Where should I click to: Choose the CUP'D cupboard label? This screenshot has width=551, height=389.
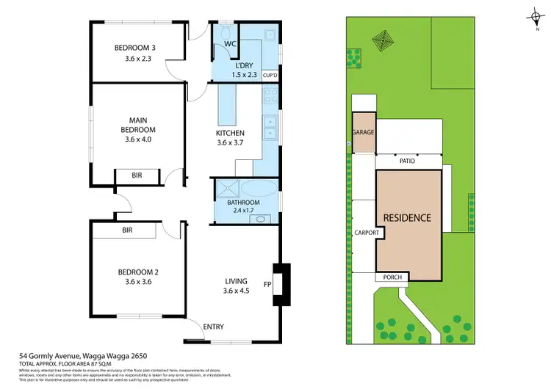pos(270,76)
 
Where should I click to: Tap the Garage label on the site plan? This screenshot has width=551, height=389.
pos(363,133)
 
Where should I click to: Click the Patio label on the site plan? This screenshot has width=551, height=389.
pos(409,161)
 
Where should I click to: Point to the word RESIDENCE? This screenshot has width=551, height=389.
pos(406,218)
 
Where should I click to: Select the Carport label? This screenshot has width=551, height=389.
pos(367,233)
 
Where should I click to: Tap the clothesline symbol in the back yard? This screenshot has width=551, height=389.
pos(382,37)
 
